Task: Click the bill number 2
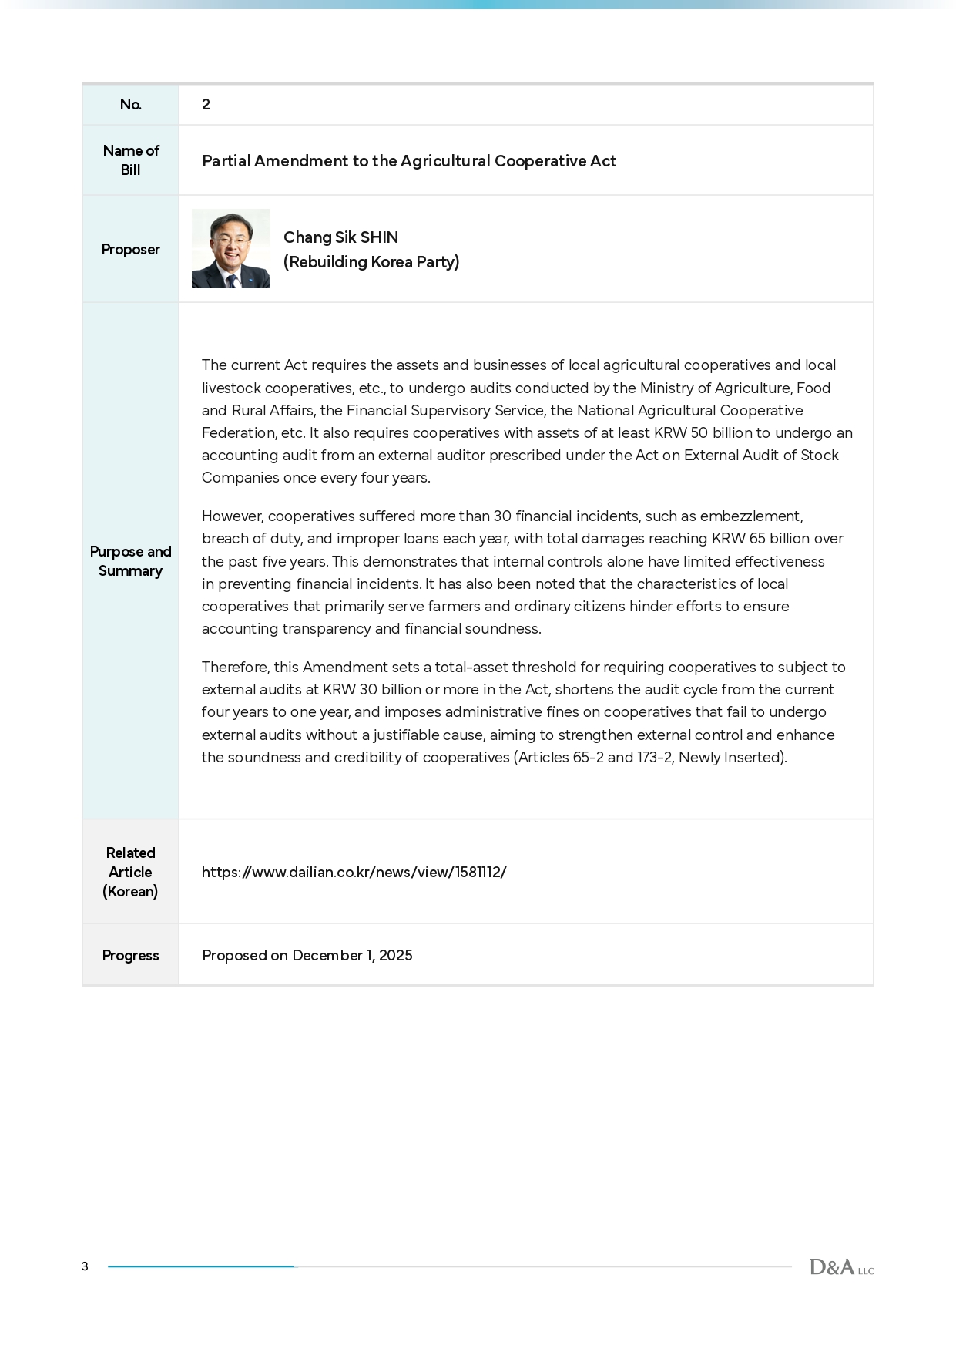[x=206, y=105]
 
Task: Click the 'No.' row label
[x=130, y=105]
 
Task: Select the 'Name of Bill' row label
[x=130, y=160]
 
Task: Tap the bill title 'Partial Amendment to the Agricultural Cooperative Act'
[x=408, y=161]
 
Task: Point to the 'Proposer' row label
[x=130, y=250]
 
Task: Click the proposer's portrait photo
[x=230, y=249]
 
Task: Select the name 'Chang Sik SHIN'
[x=340, y=237]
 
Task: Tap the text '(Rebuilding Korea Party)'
[x=371, y=262]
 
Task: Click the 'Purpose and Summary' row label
[x=130, y=561]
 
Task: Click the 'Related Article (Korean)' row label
[x=130, y=872]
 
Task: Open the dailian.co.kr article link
[x=354, y=873]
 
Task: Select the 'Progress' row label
[x=130, y=956]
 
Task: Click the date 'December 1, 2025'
[x=352, y=956]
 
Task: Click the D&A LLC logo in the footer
[x=841, y=1267]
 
